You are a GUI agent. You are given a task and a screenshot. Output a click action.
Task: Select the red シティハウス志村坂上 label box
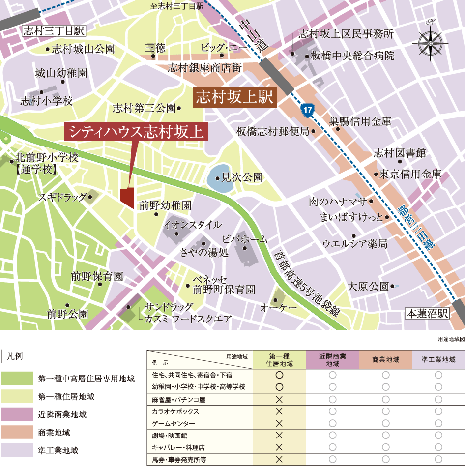point(136,132)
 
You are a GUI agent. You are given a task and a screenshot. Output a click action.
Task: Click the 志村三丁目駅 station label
point(54,31)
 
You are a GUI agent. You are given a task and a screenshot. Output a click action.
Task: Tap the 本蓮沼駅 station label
point(427,313)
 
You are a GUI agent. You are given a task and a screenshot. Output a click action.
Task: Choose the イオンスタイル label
point(193,225)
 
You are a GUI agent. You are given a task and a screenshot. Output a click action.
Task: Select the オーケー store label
point(279,307)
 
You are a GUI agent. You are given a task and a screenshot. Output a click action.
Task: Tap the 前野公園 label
point(68,313)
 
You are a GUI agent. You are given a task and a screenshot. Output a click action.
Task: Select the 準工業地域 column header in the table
point(438,360)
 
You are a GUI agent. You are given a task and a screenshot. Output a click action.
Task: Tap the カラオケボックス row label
point(175,411)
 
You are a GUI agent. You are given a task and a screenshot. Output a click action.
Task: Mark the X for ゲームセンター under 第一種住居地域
point(280,423)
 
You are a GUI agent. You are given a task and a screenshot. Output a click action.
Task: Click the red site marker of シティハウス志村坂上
point(127,198)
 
